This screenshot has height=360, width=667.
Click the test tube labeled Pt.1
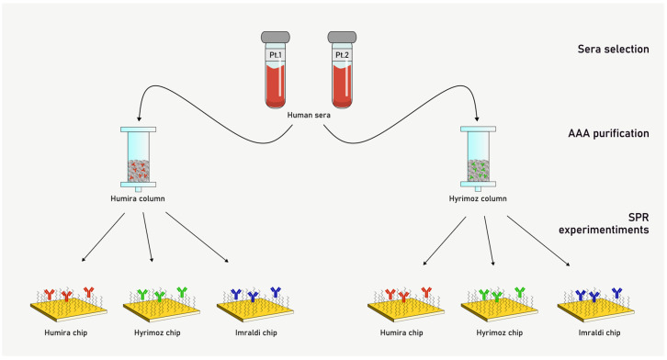click(276, 70)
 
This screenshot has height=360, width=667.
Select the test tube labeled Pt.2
click(342, 70)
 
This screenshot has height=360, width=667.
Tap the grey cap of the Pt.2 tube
click(342, 37)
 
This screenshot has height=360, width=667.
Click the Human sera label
click(309, 115)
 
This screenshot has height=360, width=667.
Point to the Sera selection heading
click(613, 49)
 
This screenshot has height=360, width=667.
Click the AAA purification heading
click(608, 133)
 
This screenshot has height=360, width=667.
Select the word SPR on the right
click(639, 218)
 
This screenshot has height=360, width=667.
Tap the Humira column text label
click(138, 198)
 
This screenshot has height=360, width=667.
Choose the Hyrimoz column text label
click(478, 198)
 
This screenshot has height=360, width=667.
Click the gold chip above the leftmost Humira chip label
click(69, 309)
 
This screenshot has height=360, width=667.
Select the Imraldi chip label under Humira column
click(256, 332)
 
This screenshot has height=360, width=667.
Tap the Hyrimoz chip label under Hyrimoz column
click(500, 332)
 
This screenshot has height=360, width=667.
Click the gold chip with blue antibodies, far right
click(595, 309)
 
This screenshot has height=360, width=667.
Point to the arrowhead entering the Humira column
click(138, 119)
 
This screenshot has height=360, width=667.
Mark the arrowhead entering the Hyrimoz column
click(477, 119)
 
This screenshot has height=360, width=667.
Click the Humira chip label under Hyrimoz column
click(401, 332)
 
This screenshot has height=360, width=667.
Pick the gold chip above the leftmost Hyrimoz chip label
click(161, 309)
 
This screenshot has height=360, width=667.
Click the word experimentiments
click(604, 230)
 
